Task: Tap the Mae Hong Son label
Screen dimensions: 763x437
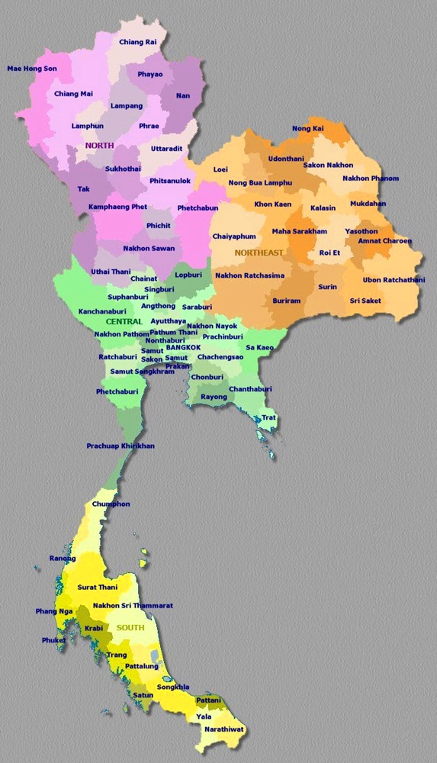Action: coord(32,69)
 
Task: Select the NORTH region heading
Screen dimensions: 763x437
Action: coord(100,145)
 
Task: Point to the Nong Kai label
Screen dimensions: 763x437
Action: coord(308,129)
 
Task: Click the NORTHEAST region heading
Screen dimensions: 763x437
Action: coord(259,253)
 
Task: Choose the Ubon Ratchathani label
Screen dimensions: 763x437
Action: coord(394,279)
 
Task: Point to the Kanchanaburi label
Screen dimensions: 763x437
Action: coord(102,311)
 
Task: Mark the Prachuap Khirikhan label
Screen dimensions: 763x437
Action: coord(120,446)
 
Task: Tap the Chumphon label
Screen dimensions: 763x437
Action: coord(111,504)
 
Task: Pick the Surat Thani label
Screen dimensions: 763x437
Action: coord(97,588)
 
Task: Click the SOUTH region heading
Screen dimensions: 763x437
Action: coord(130,627)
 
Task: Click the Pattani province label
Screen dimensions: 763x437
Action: coord(208,700)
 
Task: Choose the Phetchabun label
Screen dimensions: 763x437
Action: coord(198,208)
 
